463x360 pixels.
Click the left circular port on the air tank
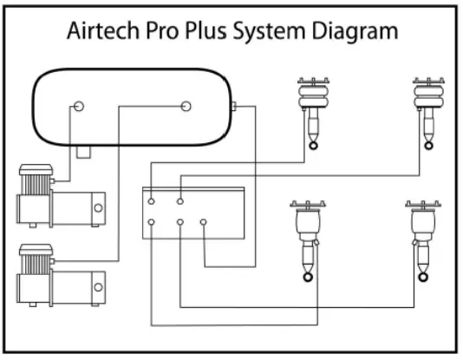[x=79, y=107]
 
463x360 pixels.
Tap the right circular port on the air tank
[x=185, y=107]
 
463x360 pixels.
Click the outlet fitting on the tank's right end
[x=236, y=108]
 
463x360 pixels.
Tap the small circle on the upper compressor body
[x=97, y=208]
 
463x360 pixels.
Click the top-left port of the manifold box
[x=152, y=200]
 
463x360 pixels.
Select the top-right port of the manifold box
[x=180, y=200]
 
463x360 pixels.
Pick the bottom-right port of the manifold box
[x=205, y=223]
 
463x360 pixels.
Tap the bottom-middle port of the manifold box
[x=180, y=223]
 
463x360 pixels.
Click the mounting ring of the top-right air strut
[x=426, y=145]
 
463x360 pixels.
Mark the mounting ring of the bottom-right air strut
[x=421, y=277]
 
